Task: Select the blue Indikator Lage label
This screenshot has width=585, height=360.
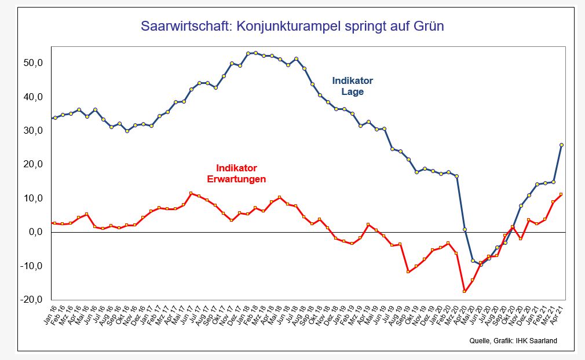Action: [x=352, y=86]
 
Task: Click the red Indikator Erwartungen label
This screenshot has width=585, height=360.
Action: [x=236, y=174]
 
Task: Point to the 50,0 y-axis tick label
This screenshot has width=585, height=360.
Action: [x=32, y=63]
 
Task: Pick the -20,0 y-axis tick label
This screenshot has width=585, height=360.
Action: [x=31, y=300]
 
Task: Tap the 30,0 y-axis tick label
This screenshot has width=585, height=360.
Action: [x=32, y=130]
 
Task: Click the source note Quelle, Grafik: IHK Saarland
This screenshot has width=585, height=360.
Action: [x=513, y=340]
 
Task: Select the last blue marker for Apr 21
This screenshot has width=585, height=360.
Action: [x=561, y=145]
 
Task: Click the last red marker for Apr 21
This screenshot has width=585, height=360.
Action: [x=561, y=194]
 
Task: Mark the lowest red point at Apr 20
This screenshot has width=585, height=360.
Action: [x=465, y=291]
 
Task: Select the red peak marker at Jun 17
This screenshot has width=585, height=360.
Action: [x=191, y=193]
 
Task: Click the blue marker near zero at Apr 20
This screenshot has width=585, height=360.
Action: [x=465, y=230]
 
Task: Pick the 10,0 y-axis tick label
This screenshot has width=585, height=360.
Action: [x=32, y=198]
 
